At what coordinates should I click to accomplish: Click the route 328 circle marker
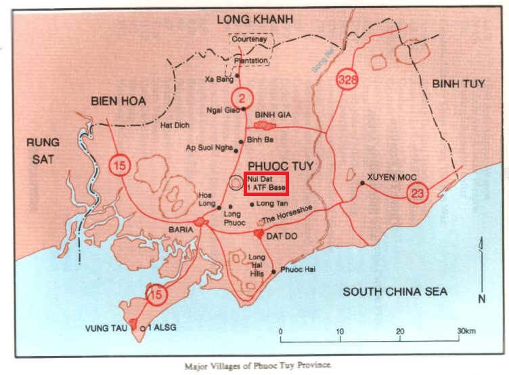tap(347, 79)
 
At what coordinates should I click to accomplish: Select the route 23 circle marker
tap(418, 194)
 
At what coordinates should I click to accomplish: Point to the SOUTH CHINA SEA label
tap(395, 292)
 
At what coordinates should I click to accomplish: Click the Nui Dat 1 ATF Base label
tap(267, 182)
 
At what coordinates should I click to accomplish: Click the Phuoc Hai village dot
tap(273, 272)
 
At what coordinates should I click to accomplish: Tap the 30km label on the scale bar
tap(468, 330)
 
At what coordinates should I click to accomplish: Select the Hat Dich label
tap(174, 125)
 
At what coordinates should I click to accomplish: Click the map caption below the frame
tap(258, 365)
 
